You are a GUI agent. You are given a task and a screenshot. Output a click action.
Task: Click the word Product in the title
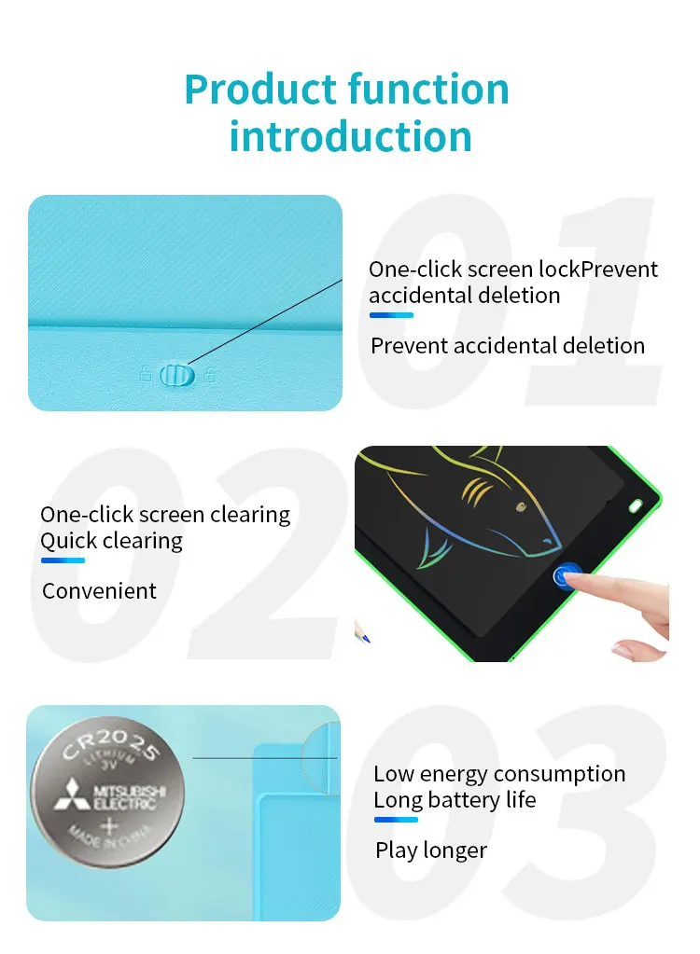point(261,90)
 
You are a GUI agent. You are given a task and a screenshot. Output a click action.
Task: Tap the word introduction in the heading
point(351,135)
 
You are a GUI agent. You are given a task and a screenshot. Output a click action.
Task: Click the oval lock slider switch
point(177,376)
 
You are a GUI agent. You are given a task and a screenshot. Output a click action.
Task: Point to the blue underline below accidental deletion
point(391,315)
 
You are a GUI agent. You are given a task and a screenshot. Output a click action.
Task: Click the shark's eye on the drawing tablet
point(521,506)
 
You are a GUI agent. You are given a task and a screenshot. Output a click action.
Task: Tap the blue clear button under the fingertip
point(567,575)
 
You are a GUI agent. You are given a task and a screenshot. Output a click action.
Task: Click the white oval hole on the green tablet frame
point(636,505)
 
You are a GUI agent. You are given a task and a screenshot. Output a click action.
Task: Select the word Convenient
point(99,591)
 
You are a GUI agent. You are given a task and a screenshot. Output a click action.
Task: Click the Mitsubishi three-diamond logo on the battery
point(73,795)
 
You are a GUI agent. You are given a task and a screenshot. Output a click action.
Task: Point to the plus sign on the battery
point(109,826)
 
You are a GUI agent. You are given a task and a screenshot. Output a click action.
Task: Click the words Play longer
point(431,850)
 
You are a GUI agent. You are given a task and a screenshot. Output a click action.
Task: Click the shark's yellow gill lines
point(476,491)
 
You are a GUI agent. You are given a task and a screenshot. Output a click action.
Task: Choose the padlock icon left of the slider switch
point(146,374)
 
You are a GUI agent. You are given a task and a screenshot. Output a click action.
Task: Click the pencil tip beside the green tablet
point(366,638)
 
